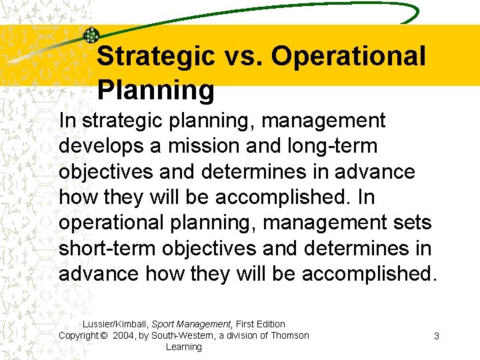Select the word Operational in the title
coord(348,57)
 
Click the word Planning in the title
coord(155,90)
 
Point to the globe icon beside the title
coord(91,36)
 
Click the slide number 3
coord(436,336)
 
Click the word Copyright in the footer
coord(79,335)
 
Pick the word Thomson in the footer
coord(289,335)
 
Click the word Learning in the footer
coord(183,347)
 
